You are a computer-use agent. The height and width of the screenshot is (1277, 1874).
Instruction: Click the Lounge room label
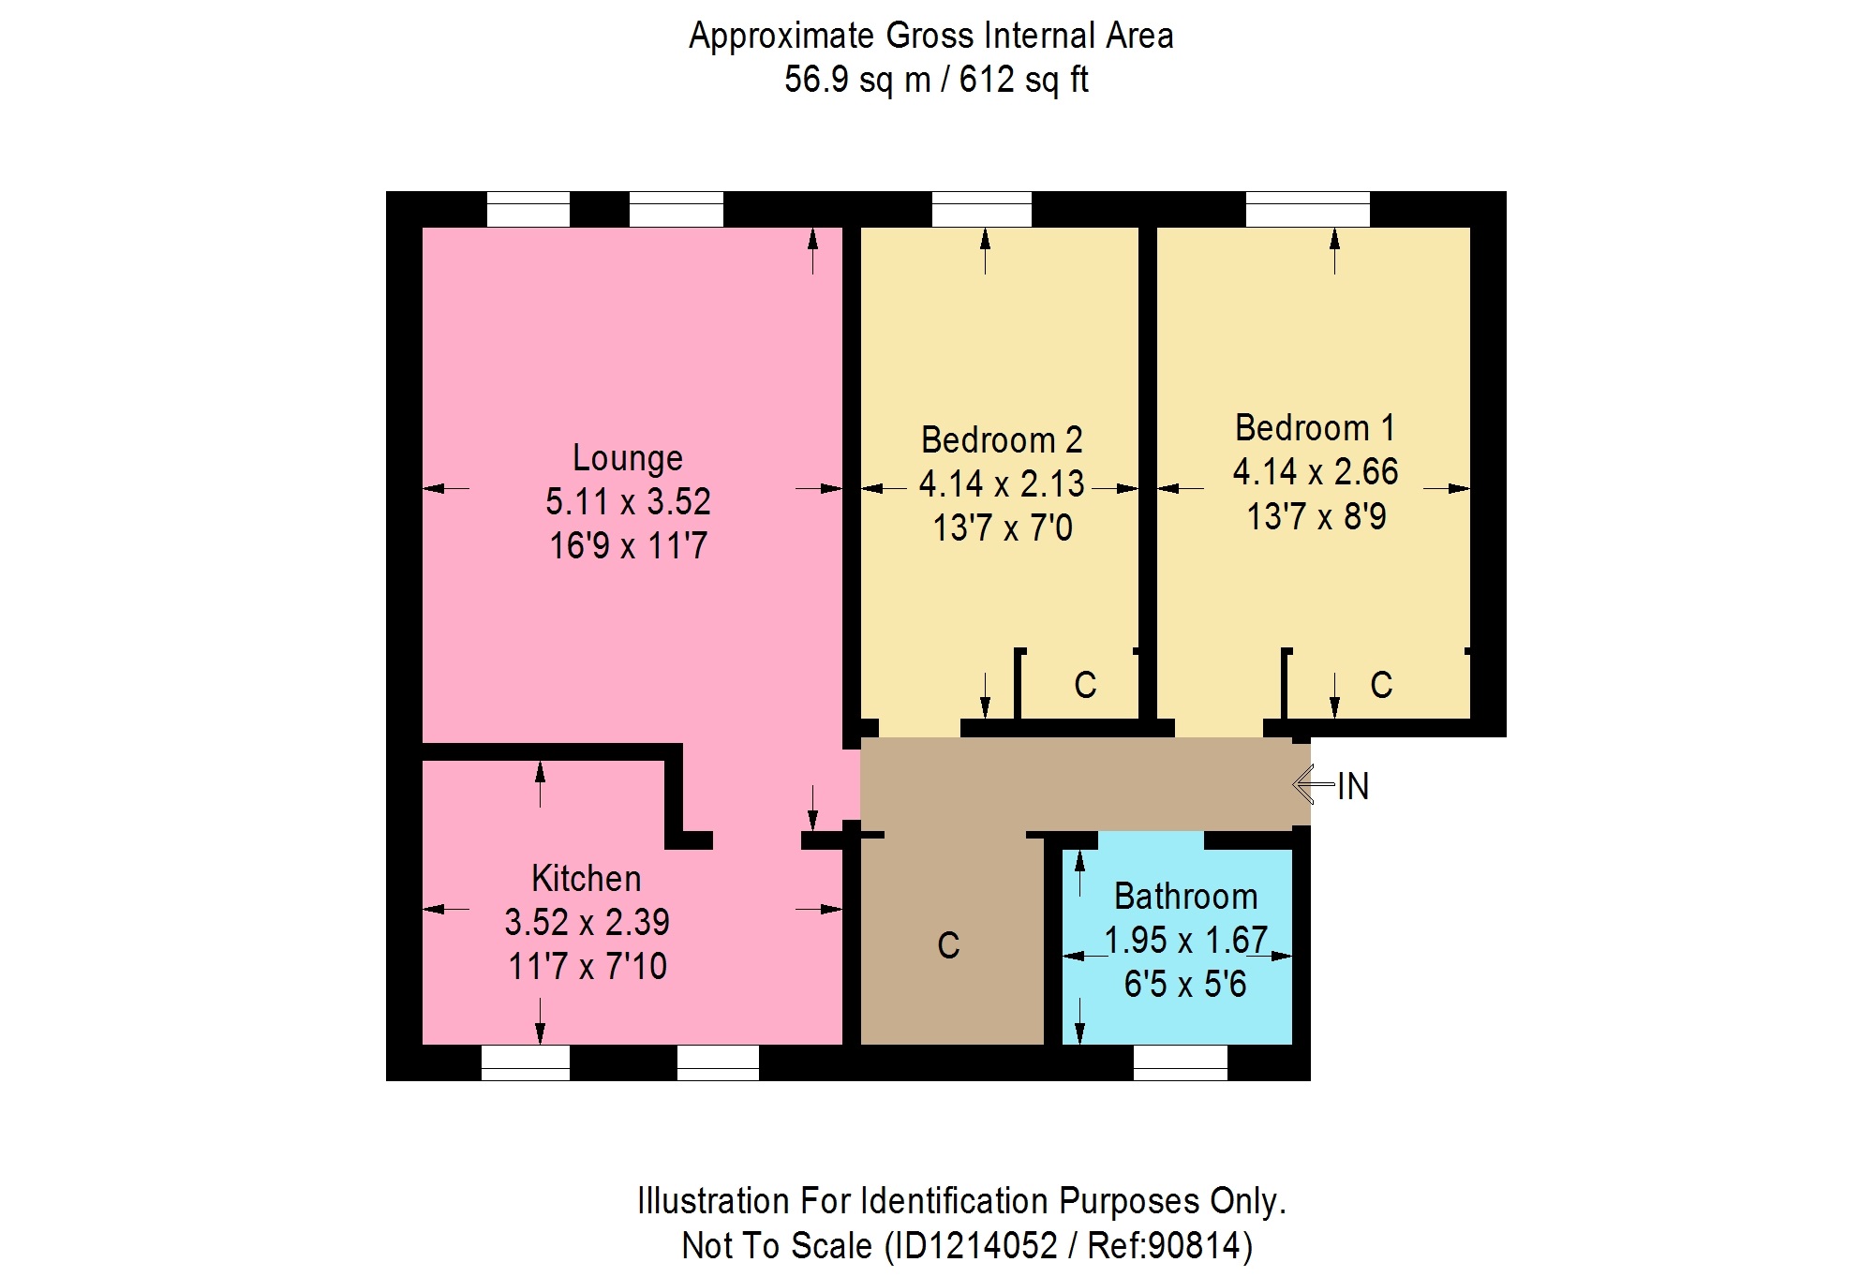(x=628, y=458)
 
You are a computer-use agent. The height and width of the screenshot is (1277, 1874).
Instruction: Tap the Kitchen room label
(x=587, y=879)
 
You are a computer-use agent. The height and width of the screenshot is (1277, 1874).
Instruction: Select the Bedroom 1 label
(x=1316, y=428)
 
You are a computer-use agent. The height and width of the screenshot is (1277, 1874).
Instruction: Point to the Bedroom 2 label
(x=1002, y=440)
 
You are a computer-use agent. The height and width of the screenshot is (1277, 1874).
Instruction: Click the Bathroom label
(x=1185, y=897)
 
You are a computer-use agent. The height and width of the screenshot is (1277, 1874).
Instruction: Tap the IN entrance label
(x=1353, y=786)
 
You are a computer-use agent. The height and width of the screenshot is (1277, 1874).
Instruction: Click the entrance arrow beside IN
(x=1314, y=783)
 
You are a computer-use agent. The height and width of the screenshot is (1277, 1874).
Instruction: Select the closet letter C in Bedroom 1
(x=1381, y=685)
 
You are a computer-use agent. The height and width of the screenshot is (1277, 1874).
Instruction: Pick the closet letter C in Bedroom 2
(x=1085, y=685)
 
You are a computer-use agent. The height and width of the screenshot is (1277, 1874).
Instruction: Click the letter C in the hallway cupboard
(x=948, y=945)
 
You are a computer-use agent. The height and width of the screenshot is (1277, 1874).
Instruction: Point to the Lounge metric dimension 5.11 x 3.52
(x=628, y=501)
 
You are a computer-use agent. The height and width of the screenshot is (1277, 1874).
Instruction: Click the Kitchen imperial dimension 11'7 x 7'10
(x=587, y=966)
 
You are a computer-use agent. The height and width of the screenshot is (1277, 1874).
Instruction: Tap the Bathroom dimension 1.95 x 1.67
(x=1186, y=940)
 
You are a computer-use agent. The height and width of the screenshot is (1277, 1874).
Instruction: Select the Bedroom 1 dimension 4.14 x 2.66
(x=1316, y=471)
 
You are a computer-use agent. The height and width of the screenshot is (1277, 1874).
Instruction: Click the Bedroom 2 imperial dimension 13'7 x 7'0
(x=1003, y=527)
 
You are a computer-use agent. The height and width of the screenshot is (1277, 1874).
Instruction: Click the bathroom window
(x=1181, y=1062)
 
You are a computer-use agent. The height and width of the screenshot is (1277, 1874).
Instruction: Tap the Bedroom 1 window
(x=1308, y=209)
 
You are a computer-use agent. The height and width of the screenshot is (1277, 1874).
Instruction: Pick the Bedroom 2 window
(x=982, y=209)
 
